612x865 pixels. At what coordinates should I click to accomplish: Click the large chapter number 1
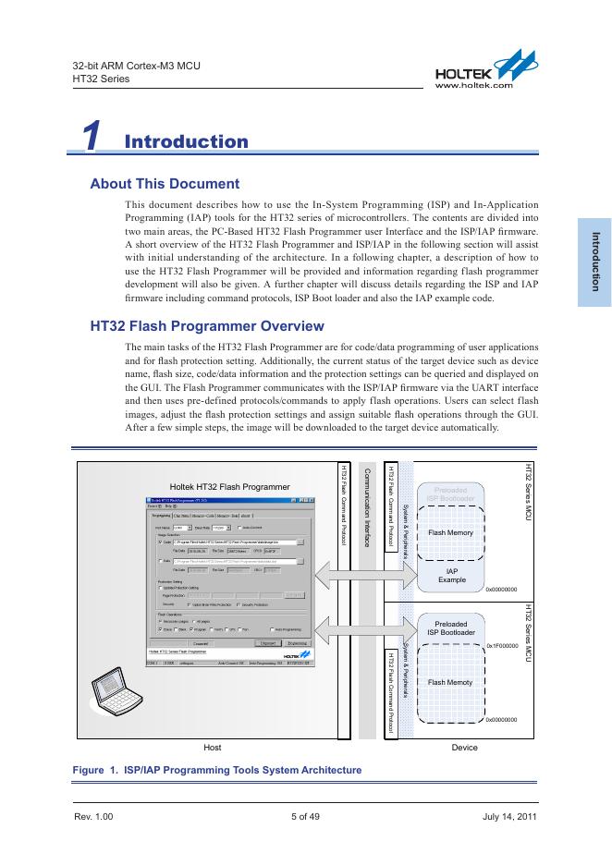(91, 138)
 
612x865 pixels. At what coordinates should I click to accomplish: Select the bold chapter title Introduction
(186, 141)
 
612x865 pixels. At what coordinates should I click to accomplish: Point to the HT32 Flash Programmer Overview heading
(207, 326)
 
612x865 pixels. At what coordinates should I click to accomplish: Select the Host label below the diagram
(212, 747)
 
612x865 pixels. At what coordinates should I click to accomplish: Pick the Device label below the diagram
(464, 747)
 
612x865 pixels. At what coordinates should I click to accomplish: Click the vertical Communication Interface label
(367, 507)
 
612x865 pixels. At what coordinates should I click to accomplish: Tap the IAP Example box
(452, 576)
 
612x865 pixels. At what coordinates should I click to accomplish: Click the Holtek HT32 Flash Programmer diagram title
(230, 486)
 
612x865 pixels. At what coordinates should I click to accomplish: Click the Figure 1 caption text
(217, 770)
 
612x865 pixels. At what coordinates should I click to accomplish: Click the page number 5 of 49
(305, 817)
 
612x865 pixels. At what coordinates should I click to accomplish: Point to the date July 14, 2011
(509, 817)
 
